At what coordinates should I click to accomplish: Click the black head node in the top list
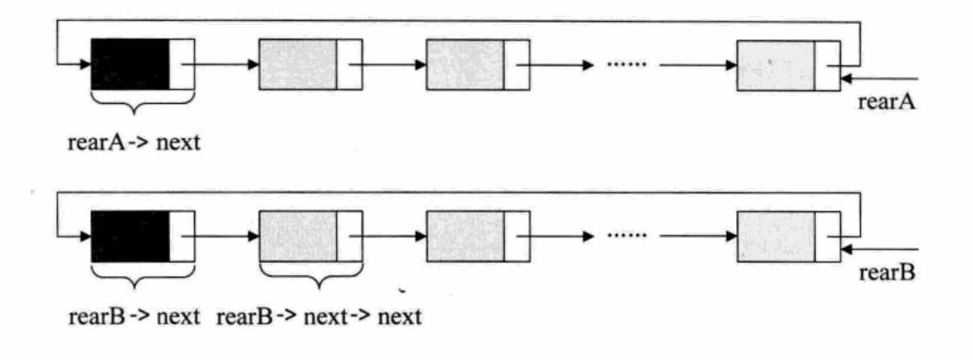point(130,64)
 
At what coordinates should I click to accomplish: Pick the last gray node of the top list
point(776,64)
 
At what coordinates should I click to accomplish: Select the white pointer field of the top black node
point(182,64)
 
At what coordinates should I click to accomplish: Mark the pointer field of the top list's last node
point(826,64)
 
